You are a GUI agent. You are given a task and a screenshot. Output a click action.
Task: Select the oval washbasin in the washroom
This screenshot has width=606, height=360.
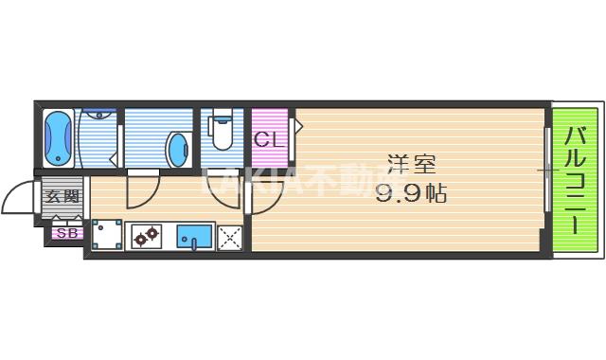(x=178, y=148)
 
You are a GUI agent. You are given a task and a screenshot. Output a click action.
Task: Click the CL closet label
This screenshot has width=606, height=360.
(x=268, y=141)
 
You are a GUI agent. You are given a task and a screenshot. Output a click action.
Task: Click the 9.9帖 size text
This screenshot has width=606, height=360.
(x=410, y=193)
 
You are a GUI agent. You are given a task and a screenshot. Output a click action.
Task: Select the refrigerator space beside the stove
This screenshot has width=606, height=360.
(x=107, y=236)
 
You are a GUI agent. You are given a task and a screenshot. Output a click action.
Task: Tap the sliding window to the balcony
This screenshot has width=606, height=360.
(x=546, y=171)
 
